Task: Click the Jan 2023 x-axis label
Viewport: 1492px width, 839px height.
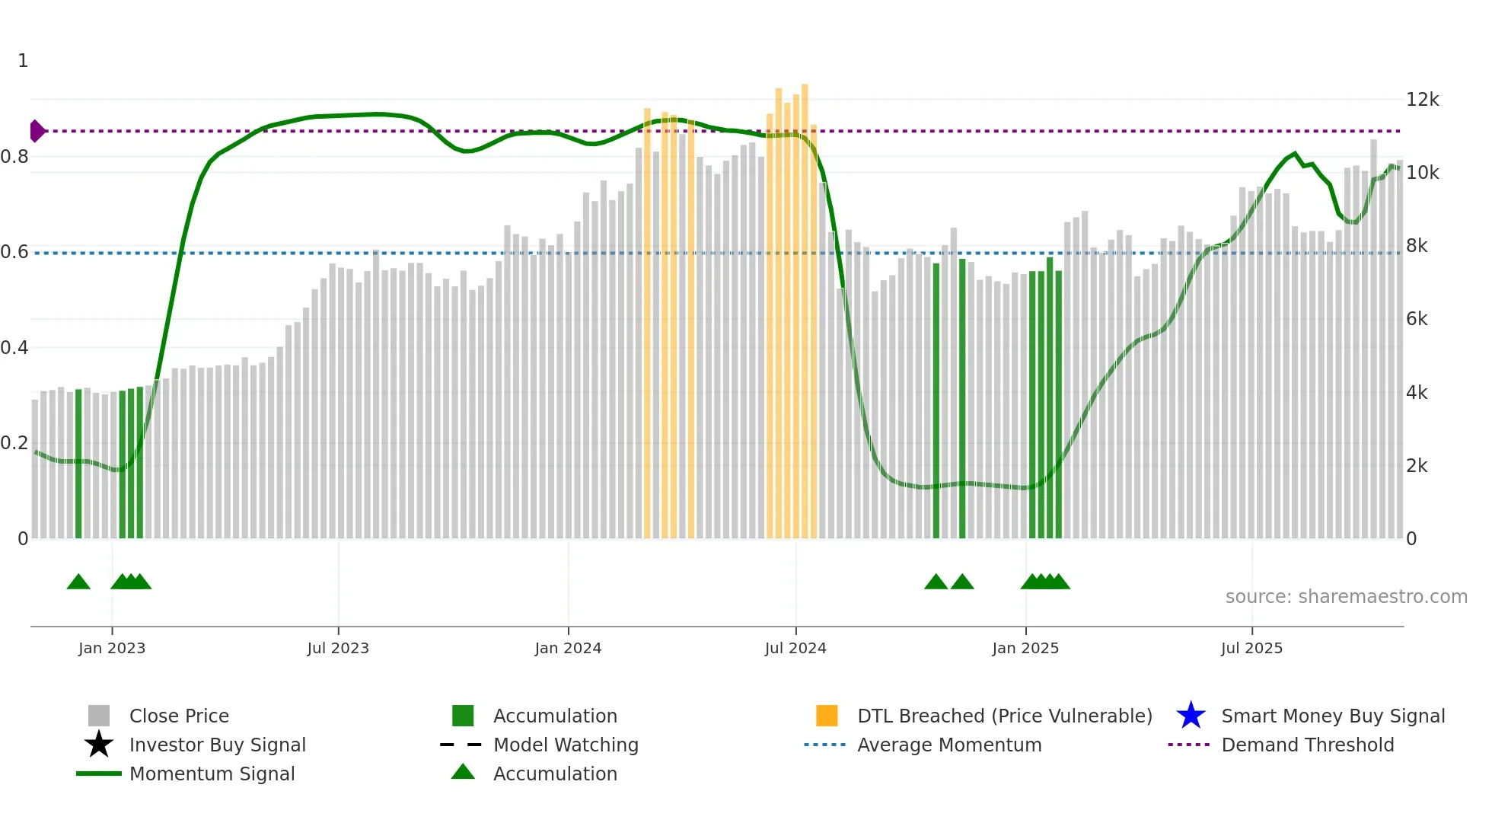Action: [111, 648]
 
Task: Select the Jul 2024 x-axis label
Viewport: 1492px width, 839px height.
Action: [795, 648]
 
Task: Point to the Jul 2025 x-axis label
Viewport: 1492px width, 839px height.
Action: [1251, 648]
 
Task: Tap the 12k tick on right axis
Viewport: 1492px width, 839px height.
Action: [1422, 100]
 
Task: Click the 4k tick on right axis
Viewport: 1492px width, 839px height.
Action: [1417, 393]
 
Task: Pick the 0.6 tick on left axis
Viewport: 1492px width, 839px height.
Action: [14, 252]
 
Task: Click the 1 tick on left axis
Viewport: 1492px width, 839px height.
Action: [23, 61]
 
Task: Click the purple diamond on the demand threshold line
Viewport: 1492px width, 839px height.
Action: [36, 131]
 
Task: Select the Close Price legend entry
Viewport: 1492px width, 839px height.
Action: [179, 716]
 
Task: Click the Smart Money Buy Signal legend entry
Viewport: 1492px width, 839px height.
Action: [1333, 716]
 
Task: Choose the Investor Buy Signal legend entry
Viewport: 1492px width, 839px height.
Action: [217, 745]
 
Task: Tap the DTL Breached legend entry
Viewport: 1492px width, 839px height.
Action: [1004, 716]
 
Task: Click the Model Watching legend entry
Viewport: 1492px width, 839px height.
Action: [566, 745]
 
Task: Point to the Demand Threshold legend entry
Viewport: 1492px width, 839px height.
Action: [1307, 745]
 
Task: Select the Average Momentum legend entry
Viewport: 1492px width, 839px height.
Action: [949, 745]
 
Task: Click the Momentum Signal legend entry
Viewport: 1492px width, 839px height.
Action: [212, 774]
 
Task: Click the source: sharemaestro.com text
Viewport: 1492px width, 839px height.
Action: [1346, 597]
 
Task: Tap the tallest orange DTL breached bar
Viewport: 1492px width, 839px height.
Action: [805, 305]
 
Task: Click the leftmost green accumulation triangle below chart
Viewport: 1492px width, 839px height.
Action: [78, 582]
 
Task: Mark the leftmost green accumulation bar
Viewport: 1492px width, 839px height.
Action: [78, 464]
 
